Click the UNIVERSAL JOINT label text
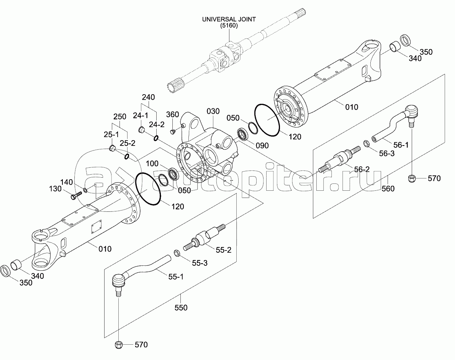coord(229,19)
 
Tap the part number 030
coord(213,111)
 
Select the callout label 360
coord(172,115)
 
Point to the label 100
coord(152,164)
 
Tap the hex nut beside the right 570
coord(412,178)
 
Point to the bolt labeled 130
coord(76,195)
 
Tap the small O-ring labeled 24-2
coord(156,137)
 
